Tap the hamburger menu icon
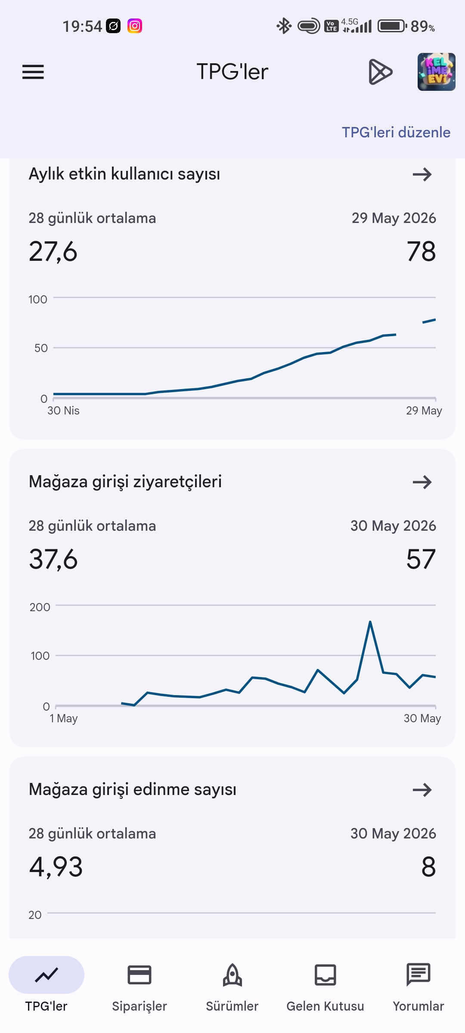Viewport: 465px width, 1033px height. tap(33, 72)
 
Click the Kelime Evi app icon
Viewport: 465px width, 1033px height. tap(436, 72)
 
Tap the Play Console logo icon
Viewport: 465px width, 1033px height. tap(381, 72)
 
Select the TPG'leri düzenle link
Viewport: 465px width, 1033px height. tap(396, 132)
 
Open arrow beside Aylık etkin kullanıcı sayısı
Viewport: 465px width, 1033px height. tap(422, 174)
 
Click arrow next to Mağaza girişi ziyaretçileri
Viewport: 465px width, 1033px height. tap(422, 482)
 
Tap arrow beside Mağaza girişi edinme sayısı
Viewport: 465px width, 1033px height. tap(422, 790)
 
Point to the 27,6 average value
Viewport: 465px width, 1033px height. tap(53, 252)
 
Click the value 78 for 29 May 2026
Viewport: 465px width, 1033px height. tap(421, 251)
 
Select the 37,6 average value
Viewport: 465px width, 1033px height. tap(53, 560)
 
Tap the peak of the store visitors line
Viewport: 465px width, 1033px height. tap(370, 622)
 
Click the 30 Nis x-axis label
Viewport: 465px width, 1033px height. tap(63, 411)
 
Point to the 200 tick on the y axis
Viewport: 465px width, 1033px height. tap(40, 607)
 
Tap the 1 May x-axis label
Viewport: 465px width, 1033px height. tap(64, 718)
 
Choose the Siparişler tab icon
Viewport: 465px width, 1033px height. tap(139, 975)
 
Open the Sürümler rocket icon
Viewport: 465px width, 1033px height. tap(232, 975)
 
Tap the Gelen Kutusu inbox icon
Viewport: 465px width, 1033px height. tap(325, 975)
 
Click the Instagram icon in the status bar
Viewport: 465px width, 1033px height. tap(135, 26)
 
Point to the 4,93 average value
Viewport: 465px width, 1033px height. tap(56, 867)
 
